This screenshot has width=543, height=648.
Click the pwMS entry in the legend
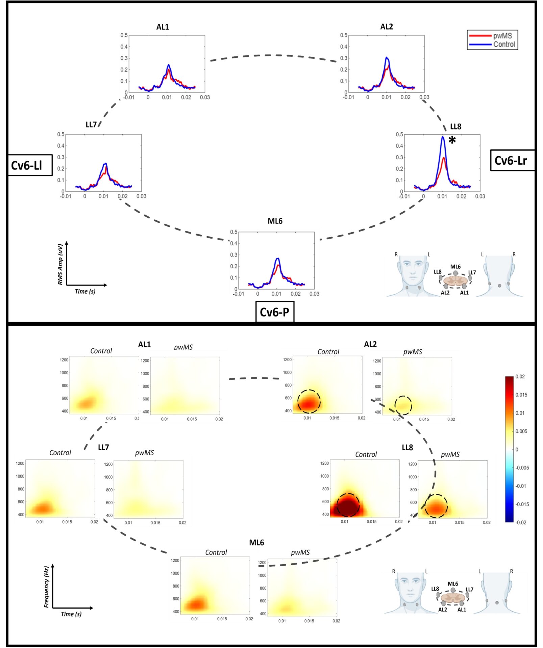click(x=502, y=36)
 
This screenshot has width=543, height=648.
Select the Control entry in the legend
click(x=504, y=45)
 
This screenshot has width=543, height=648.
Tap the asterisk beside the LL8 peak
click(x=452, y=140)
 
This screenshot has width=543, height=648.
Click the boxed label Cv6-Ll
click(x=27, y=165)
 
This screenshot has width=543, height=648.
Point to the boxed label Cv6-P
click(x=274, y=312)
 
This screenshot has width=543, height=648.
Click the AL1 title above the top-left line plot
click(x=163, y=27)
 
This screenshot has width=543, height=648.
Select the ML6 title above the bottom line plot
click(x=275, y=221)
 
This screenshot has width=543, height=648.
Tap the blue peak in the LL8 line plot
click(x=443, y=137)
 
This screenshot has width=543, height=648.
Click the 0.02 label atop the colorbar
click(x=520, y=377)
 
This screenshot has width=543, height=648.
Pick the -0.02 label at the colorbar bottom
click(x=521, y=522)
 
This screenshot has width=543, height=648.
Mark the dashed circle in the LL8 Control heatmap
click(x=348, y=505)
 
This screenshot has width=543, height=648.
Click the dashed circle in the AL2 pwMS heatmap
click(x=403, y=405)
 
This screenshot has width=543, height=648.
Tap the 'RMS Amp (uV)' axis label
click(x=60, y=265)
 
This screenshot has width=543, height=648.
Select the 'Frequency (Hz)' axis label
click(x=47, y=587)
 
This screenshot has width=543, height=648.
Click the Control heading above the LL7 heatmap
click(x=60, y=453)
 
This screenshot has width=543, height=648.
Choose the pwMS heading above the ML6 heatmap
click(x=300, y=552)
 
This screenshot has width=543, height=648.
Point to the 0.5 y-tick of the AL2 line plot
click(x=343, y=35)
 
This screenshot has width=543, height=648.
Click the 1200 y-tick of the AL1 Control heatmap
click(x=64, y=360)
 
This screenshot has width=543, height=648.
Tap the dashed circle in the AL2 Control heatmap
click(x=309, y=402)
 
